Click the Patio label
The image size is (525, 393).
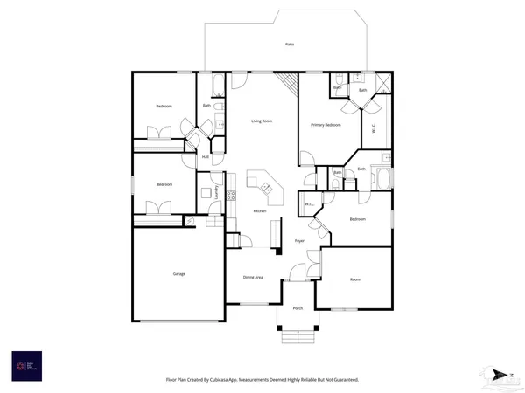(289, 44)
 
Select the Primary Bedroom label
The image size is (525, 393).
(325, 126)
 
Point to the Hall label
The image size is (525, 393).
(206, 157)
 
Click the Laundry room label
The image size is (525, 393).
(216, 194)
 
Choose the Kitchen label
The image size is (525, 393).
(260, 211)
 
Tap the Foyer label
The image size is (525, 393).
(299, 240)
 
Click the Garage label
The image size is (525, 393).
(178, 274)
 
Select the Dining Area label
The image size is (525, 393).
(254, 278)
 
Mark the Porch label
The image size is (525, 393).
(297, 308)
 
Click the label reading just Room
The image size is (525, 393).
(355, 279)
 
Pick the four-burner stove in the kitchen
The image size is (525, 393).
(232, 196)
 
